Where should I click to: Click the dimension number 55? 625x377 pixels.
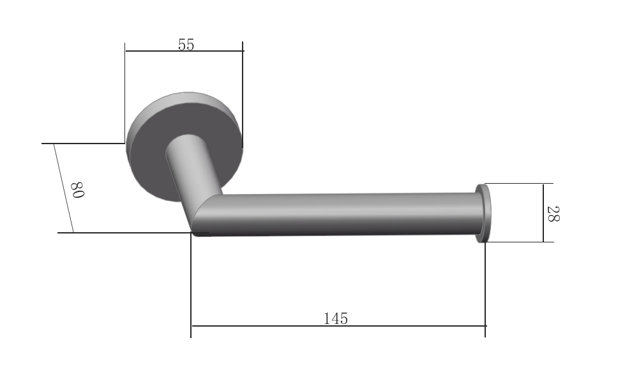pos(186,45)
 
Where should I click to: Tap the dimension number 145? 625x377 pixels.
pos(336,318)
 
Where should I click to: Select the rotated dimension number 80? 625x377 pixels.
pos(77,190)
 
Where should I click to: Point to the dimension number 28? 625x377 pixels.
pos(553,214)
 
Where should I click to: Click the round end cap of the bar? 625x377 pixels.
pos(483,213)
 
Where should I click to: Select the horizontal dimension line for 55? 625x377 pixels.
pos(184,51)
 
